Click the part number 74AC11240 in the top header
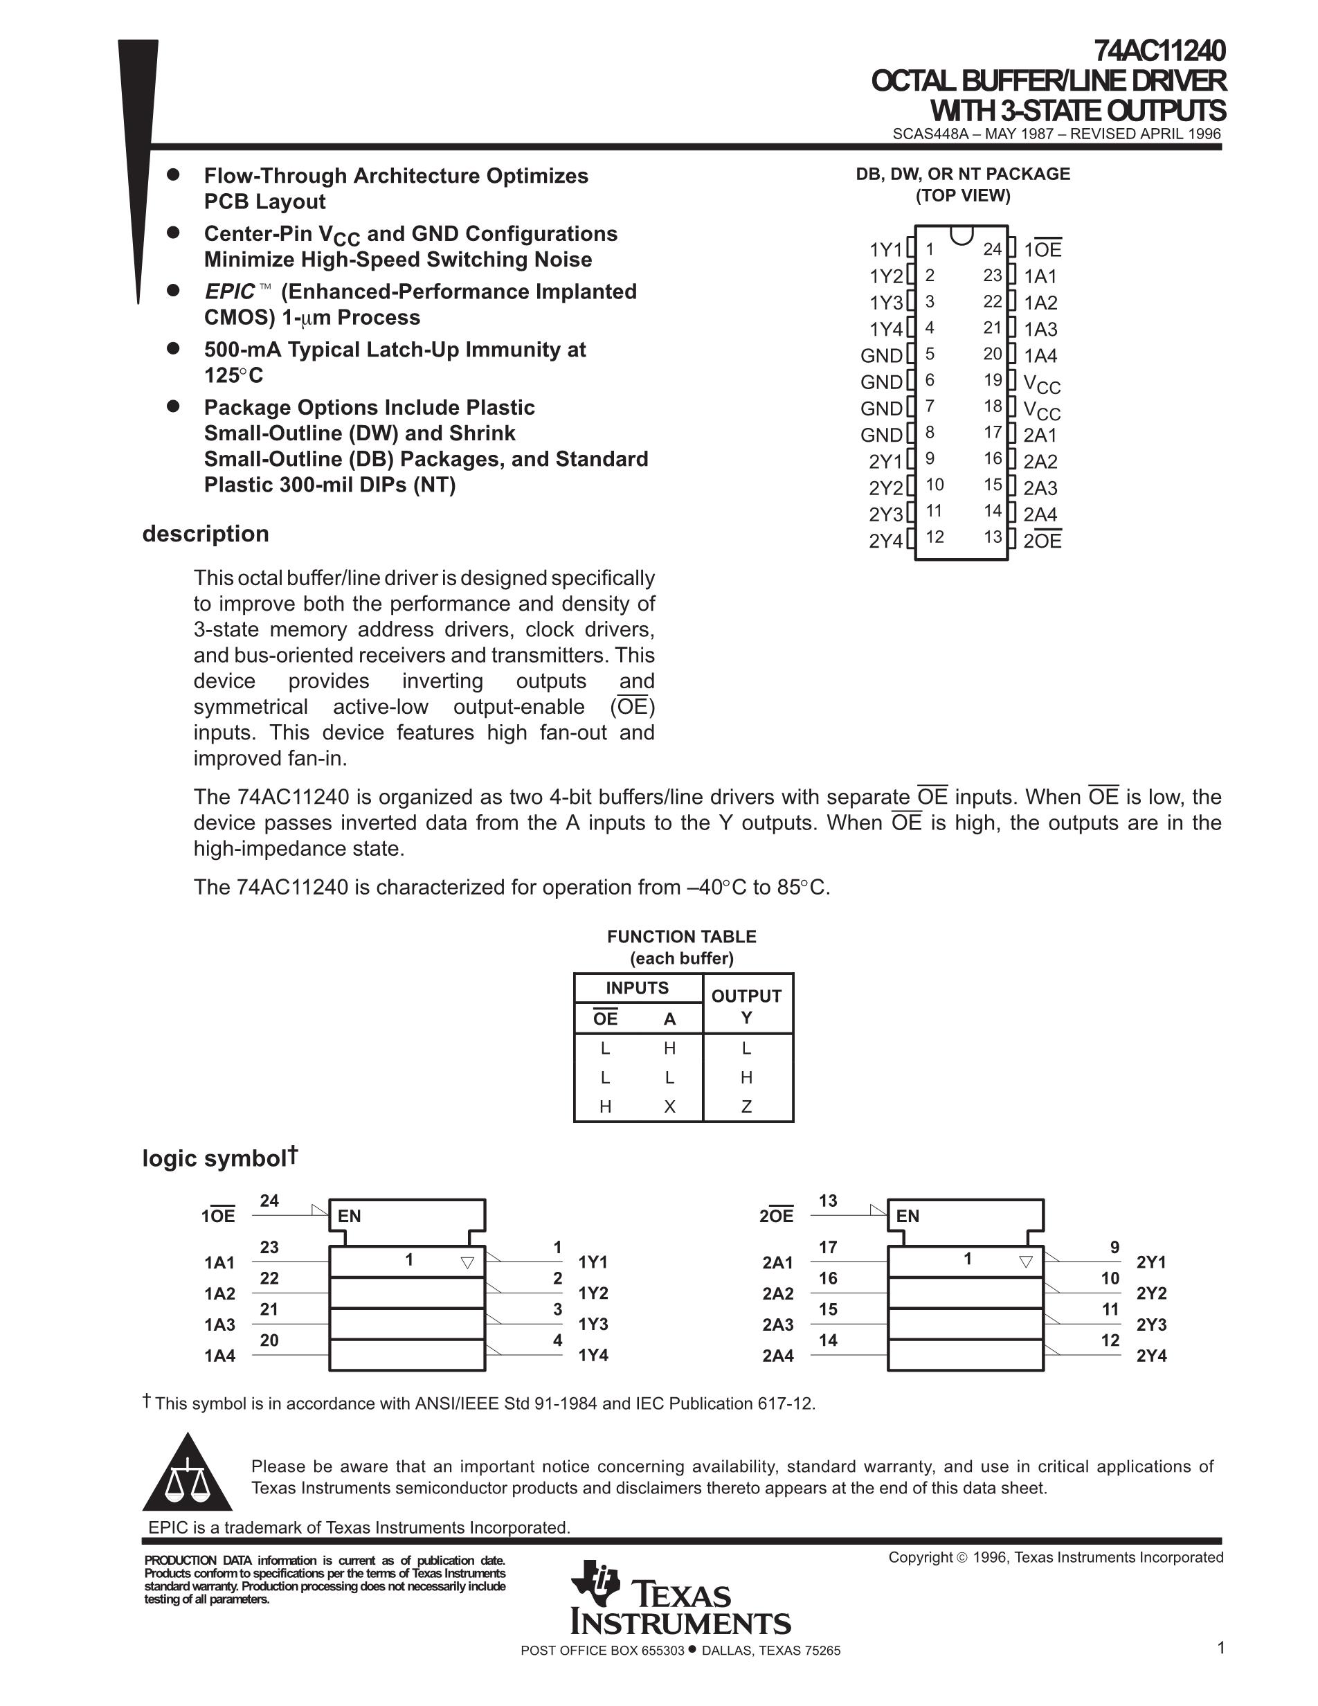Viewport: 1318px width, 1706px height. (x=1159, y=51)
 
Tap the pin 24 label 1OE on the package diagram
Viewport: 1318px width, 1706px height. (x=1042, y=250)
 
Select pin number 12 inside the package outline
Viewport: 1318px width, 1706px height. (x=935, y=537)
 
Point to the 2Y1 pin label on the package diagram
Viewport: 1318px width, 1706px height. (x=885, y=462)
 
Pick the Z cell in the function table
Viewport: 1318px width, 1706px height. (x=746, y=1106)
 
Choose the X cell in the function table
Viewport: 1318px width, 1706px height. (x=669, y=1106)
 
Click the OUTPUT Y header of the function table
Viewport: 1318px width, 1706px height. (x=746, y=1006)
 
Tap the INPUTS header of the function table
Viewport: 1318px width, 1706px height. (x=637, y=988)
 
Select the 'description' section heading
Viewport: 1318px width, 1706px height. (x=206, y=535)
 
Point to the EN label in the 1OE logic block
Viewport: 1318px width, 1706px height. (x=349, y=1216)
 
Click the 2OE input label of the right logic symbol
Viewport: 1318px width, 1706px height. (x=776, y=1216)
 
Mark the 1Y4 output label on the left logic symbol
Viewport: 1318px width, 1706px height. (x=593, y=1355)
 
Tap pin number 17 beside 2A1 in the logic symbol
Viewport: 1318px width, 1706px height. (x=828, y=1248)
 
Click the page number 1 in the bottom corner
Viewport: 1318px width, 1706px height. (x=1220, y=1649)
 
